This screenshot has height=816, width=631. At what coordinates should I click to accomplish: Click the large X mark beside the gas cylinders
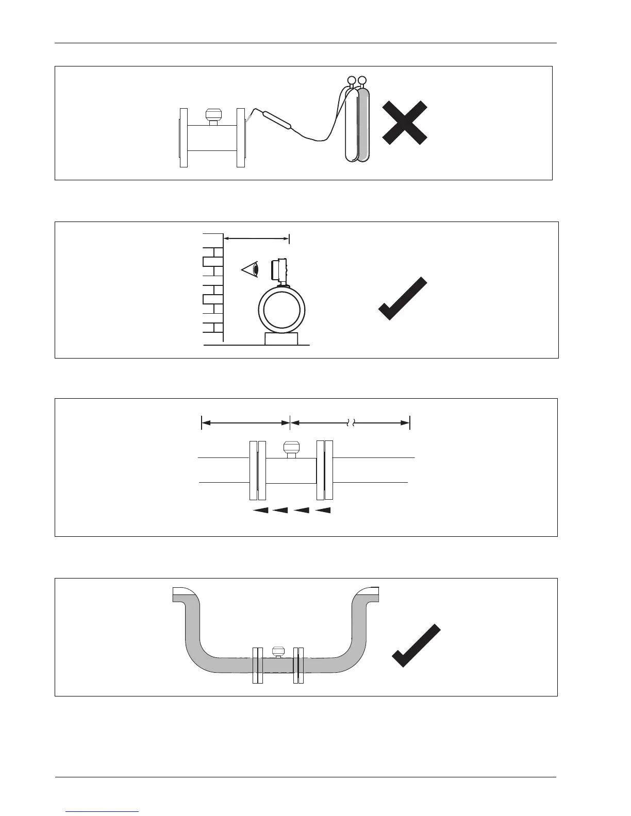(405, 123)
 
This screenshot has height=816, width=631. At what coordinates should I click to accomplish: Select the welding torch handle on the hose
(277, 120)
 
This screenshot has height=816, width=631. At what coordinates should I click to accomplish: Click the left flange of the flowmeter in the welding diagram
(184, 138)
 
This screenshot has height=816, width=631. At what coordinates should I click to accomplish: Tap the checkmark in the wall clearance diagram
(403, 299)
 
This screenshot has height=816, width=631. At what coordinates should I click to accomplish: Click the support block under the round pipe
(281, 338)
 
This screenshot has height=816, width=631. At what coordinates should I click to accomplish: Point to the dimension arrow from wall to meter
(256, 238)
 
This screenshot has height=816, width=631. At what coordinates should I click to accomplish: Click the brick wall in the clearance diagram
(213, 288)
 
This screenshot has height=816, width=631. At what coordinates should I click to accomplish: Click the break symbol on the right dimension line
(349, 423)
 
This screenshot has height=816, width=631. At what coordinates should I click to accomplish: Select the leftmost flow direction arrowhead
(261, 511)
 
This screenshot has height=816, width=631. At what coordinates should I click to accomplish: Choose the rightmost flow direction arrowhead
(323, 511)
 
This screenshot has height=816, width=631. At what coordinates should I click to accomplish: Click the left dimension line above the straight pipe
(245, 423)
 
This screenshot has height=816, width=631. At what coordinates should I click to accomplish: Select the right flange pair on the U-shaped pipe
(298, 665)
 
